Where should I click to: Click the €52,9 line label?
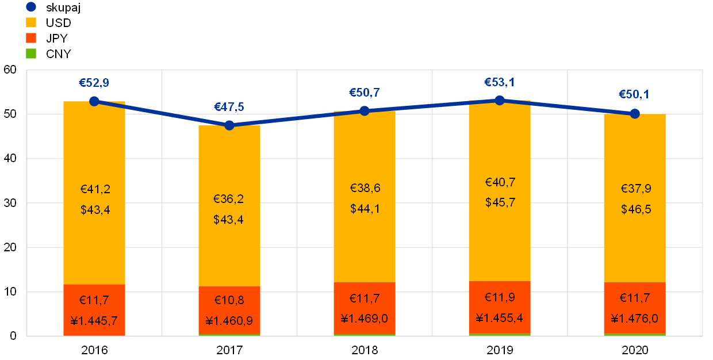94,83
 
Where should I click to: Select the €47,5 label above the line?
229,107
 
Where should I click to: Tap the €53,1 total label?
499,82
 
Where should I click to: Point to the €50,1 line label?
634,94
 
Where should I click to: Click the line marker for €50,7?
365,110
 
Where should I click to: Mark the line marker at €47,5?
229,125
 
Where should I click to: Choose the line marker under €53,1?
500,100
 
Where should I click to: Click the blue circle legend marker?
31,7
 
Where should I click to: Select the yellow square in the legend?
31,22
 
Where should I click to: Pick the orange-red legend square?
31,38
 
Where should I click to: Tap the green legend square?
31,53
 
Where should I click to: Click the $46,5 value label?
636,209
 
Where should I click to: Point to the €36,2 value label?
228,199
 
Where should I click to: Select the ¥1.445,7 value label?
94,320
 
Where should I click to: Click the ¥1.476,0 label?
635,319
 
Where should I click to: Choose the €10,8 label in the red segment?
229,300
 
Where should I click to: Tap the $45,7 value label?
500,202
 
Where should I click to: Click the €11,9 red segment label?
500,297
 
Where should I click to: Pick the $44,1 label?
365,209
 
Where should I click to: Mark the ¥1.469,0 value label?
365,319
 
